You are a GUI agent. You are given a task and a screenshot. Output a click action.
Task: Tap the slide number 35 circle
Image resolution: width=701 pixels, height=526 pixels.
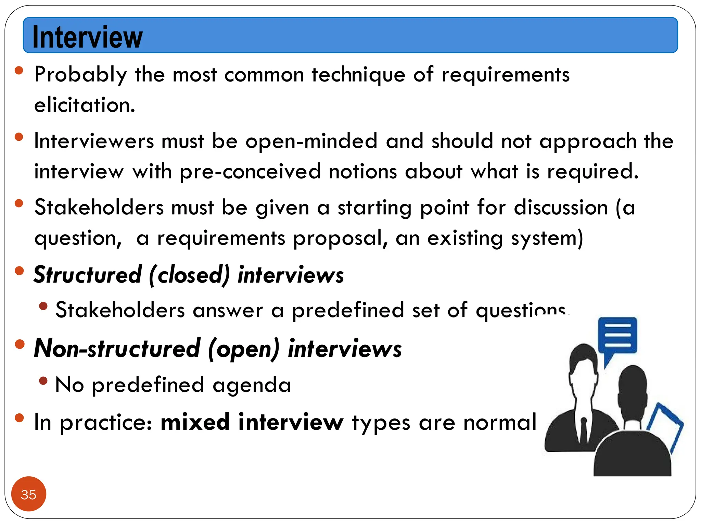[x=28, y=494]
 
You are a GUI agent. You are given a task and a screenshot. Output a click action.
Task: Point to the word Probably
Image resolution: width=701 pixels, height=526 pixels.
[x=81, y=75]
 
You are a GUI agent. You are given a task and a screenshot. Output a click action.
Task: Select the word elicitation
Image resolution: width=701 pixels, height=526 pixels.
[x=85, y=105]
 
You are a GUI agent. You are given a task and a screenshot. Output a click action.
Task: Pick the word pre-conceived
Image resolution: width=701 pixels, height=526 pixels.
[x=250, y=172]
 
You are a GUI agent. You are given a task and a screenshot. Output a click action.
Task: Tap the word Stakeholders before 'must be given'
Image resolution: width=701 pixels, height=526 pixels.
[x=99, y=208]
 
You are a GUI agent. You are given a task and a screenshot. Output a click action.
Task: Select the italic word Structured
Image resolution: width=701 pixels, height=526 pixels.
[x=88, y=275]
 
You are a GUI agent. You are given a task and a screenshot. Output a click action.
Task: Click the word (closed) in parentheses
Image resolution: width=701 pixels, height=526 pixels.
[x=189, y=275]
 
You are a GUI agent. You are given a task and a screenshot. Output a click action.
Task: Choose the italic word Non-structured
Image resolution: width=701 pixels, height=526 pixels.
[x=117, y=349]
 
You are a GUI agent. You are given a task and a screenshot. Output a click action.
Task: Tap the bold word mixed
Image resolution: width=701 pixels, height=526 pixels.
[x=195, y=422]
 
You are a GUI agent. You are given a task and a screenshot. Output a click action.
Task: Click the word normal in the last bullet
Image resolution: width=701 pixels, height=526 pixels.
[x=500, y=422]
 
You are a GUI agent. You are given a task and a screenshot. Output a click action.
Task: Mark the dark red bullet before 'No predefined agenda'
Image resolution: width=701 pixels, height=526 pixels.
[x=43, y=380]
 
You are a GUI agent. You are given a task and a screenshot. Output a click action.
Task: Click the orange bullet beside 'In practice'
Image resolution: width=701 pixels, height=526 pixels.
[x=20, y=418]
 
